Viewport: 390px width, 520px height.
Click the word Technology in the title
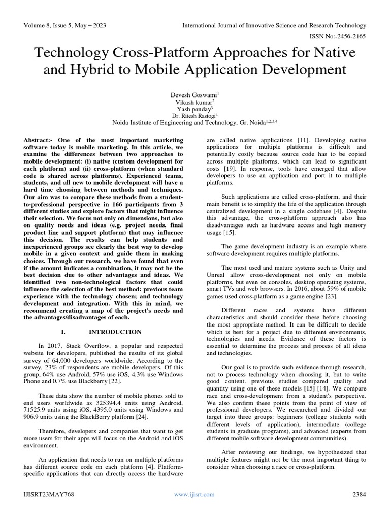pyautogui.click(x=70, y=53)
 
